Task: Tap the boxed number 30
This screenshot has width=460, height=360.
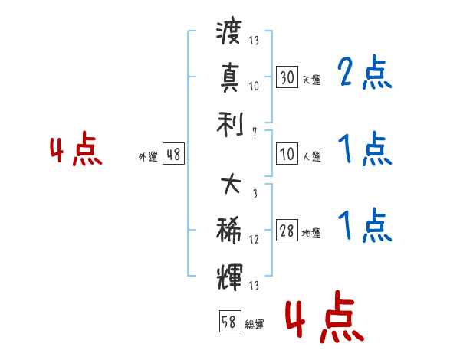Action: point(287,77)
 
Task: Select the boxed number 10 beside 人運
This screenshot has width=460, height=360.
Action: point(287,154)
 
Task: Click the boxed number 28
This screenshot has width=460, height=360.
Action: point(287,231)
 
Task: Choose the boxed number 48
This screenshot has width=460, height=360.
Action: point(173,154)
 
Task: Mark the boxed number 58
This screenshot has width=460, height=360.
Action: point(228,322)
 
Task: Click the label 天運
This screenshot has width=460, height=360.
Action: point(311,80)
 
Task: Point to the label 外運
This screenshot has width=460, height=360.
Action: point(148,156)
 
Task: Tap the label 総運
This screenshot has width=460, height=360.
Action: point(253,324)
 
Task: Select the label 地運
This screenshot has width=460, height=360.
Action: point(311,233)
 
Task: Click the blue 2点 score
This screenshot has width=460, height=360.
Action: point(365,73)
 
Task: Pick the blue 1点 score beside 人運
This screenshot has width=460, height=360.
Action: point(365,149)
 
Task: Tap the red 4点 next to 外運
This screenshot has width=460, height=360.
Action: point(77,150)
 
